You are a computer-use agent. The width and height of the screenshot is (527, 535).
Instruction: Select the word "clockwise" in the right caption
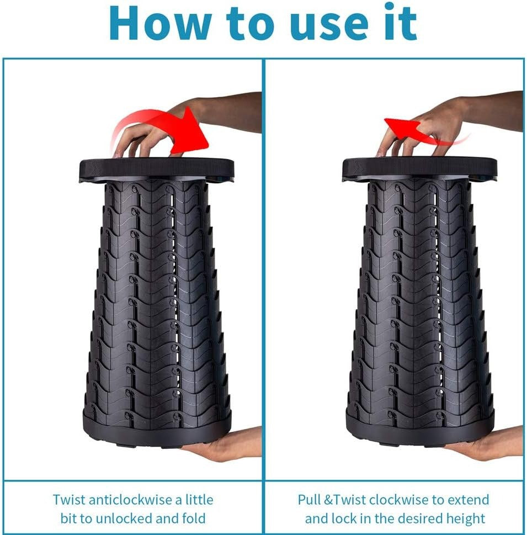(x=400, y=500)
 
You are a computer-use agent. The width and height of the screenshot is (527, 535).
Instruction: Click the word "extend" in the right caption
(x=467, y=500)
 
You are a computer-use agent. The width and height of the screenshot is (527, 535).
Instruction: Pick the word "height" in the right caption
(x=467, y=518)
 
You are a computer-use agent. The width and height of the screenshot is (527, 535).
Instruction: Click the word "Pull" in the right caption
(x=310, y=500)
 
